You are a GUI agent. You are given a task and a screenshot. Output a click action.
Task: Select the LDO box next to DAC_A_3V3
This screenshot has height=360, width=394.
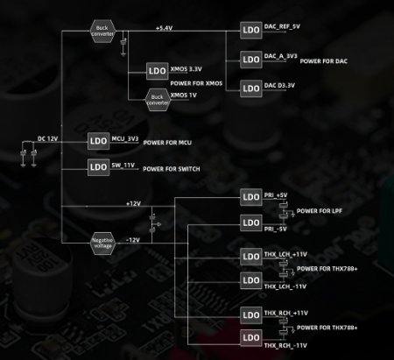pos(250,60)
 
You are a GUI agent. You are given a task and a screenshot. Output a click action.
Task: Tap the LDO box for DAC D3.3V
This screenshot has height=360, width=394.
pos(250,87)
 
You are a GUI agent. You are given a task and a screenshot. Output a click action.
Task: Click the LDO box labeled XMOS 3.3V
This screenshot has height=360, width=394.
pos(157,70)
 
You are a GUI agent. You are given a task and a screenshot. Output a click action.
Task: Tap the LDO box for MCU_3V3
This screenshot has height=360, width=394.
pos(96,141)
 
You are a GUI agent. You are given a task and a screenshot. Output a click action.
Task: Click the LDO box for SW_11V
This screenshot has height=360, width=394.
pos(96,166)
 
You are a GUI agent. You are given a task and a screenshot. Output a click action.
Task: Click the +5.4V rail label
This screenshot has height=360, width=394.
pos(163,27)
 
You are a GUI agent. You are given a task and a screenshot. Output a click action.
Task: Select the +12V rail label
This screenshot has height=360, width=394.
pos(132,203)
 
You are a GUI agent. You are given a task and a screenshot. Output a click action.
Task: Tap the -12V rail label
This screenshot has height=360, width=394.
pos(132,239)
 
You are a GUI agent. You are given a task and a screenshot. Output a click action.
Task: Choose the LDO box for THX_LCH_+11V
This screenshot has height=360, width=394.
pos(250,257)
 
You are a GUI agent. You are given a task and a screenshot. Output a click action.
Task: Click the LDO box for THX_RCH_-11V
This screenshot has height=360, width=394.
pos(250,337)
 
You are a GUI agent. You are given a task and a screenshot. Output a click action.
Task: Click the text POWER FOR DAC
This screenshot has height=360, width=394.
pos(322,62)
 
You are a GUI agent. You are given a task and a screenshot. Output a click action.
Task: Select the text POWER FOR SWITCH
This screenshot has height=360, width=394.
pos(172,169)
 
